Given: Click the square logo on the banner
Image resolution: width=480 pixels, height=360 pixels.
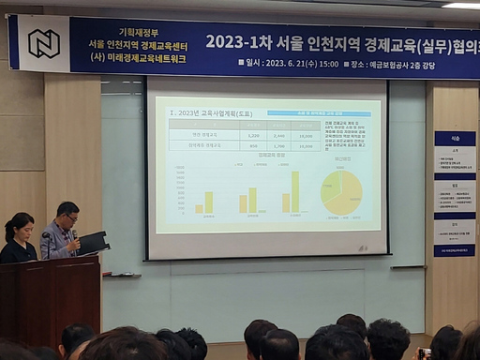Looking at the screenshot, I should point(43,43).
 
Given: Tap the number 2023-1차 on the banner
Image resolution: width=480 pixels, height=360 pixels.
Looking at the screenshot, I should point(243,42).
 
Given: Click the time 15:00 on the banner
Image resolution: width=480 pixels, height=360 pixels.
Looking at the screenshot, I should point(326,65).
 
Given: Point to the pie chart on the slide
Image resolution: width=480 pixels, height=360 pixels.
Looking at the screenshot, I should point(342,192).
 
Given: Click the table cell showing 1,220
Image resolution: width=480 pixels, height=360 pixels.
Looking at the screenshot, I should point(252,135).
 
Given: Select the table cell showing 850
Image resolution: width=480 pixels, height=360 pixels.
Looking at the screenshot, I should point(252,146).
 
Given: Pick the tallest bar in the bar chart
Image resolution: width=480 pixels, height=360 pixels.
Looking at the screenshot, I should point(294,191).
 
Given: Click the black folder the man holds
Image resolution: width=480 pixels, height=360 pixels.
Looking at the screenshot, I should point(93,243).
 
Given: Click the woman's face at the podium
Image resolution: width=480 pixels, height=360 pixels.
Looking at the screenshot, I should point(23,231).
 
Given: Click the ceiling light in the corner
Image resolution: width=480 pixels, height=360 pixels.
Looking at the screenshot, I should point(460,5).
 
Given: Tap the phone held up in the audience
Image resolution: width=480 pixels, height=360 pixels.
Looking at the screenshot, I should point(425,353).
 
